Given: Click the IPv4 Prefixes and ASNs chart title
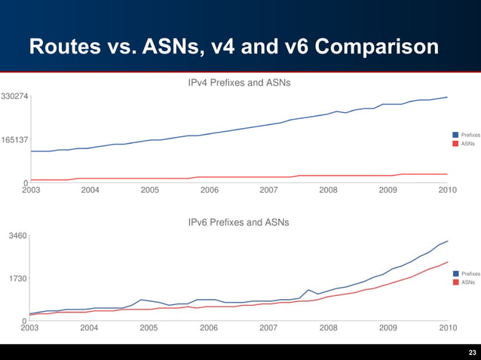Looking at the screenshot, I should tap(239, 81).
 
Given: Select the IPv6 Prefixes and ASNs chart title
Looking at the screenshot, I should tap(238, 222).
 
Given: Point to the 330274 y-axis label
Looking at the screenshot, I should tap(15, 96).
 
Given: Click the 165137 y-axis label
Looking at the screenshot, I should tap(15, 140).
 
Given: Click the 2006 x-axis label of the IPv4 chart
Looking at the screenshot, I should tap(209, 190).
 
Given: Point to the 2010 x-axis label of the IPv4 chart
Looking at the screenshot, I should tap(448, 190).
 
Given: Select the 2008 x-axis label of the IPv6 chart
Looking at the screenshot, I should tap(328, 328).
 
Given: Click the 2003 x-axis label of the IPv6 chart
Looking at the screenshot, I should tap(29, 328).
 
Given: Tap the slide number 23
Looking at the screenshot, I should tap(472, 352).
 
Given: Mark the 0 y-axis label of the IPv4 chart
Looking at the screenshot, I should tap(26, 183).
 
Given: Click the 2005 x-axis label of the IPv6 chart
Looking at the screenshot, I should tap(149, 328).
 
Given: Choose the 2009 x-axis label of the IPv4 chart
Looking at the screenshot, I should tap(388, 190).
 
